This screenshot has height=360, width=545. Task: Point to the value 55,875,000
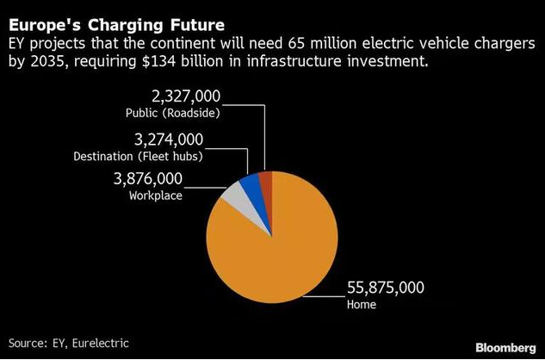pyautogui.click(x=386, y=287)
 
